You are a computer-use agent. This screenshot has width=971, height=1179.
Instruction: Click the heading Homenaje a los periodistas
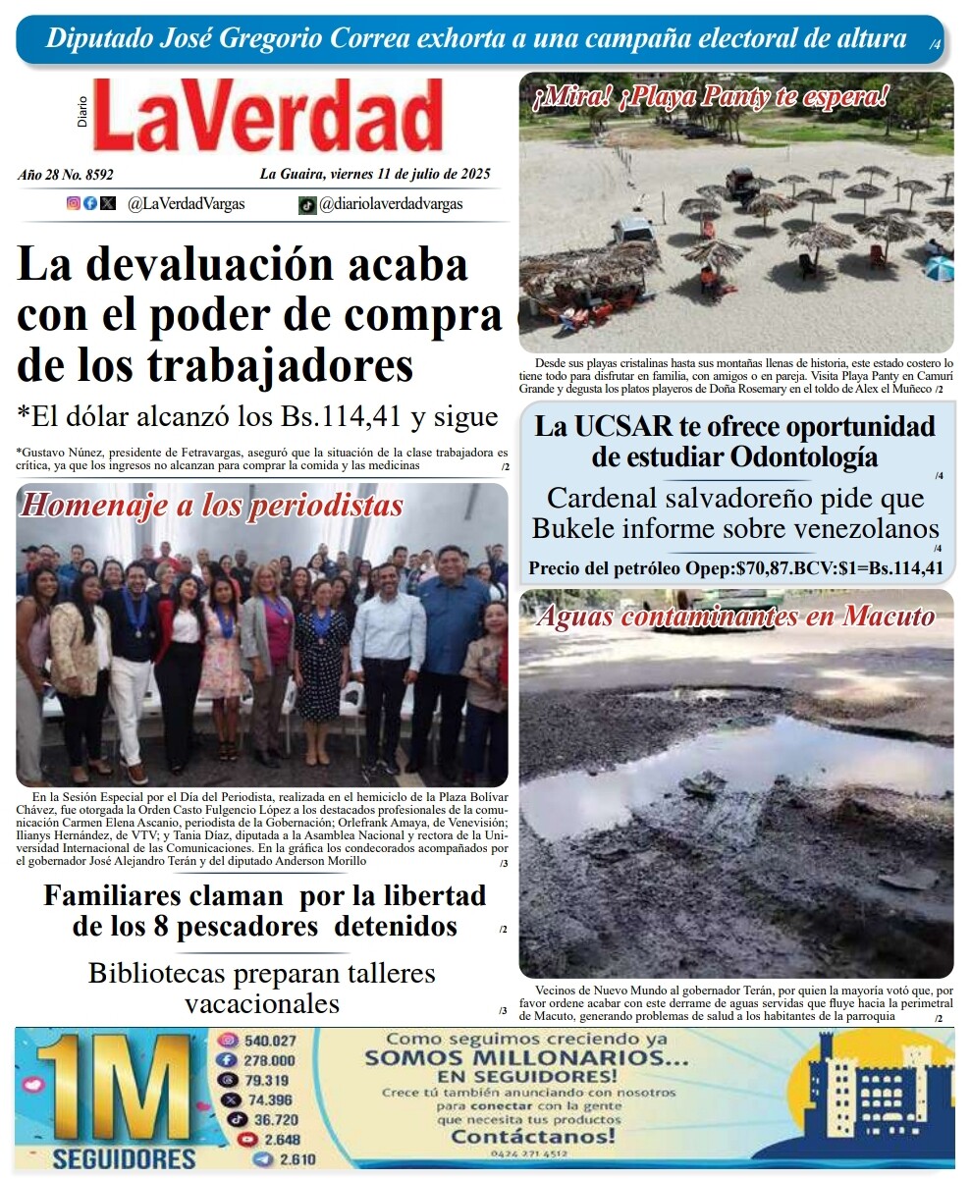pyautogui.click(x=212, y=505)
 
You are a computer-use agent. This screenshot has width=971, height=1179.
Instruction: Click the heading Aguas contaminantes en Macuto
pyautogui.click(x=735, y=616)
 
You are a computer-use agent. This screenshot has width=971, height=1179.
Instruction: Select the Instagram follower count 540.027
pyautogui.click(x=270, y=1041)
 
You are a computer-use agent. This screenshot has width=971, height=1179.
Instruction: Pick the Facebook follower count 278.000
pyautogui.click(x=269, y=1060)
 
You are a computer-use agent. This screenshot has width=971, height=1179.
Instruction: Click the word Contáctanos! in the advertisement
pyautogui.click(x=533, y=1137)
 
